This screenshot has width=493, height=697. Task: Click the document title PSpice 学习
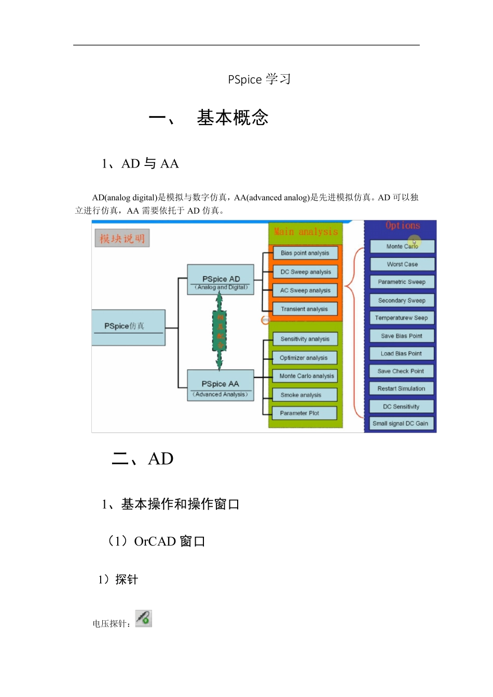coord(259,79)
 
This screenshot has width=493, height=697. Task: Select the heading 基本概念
coord(232,118)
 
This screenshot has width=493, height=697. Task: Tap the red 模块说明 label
coord(122,239)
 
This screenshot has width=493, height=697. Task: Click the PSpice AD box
coord(221,281)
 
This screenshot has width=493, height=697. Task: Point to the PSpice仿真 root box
coord(128,327)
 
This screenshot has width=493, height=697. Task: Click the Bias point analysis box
coord(305,253)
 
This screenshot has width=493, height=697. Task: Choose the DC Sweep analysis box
coord(306,272)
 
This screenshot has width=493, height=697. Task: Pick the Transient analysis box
coord(305,309)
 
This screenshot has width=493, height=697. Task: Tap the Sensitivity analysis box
coord(305,339)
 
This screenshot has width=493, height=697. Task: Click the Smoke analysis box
coord(305,395)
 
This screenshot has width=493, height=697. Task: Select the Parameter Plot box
coord(304,413)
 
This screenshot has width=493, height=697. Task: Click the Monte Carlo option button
coord(402,246)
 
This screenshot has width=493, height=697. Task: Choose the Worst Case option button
coord(402,264)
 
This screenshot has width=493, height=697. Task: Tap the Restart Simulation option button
coord(401,388)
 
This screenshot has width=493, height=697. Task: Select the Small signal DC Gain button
coord(401,424)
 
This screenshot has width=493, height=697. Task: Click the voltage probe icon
coord(144,619)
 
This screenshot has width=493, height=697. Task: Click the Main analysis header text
coord(306,232)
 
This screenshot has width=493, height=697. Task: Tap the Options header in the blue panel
coord(403,226)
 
